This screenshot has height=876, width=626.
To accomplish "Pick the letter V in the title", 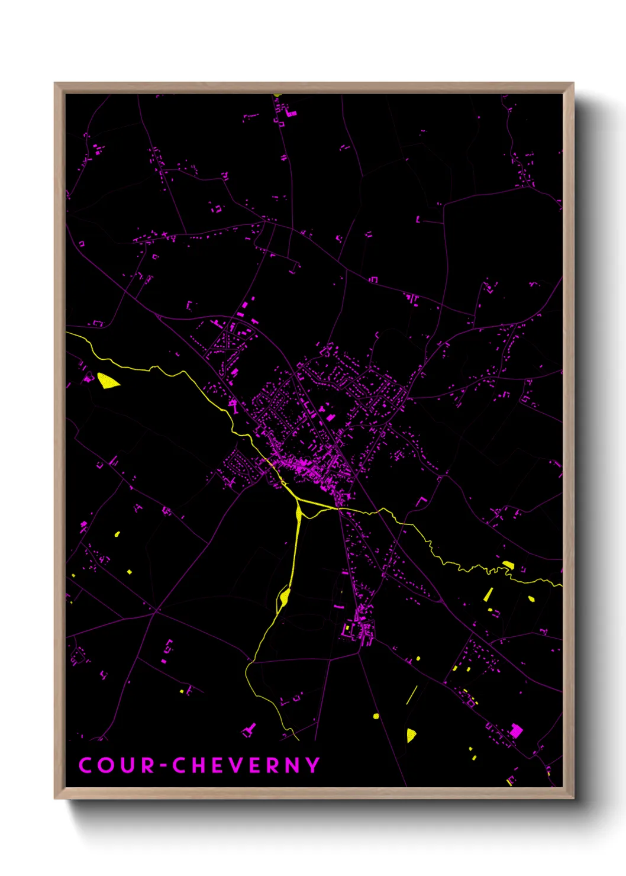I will [240, 765].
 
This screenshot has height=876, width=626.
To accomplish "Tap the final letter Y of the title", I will [312, 765].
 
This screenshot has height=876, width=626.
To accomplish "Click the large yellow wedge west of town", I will [107, 381].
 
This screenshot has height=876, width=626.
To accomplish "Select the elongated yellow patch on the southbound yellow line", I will [285, 597].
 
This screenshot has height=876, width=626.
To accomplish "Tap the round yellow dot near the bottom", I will [376, 716].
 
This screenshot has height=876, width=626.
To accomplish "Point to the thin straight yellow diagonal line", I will [412, 694].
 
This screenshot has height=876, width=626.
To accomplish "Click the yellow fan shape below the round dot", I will [411, 735].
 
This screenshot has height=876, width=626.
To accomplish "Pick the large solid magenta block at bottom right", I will [516, 730].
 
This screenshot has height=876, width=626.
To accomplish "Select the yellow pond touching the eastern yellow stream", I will [508, 565].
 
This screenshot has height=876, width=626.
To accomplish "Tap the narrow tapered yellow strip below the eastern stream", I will [489, 594].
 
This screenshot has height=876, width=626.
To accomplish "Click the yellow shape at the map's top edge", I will [278, 95].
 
